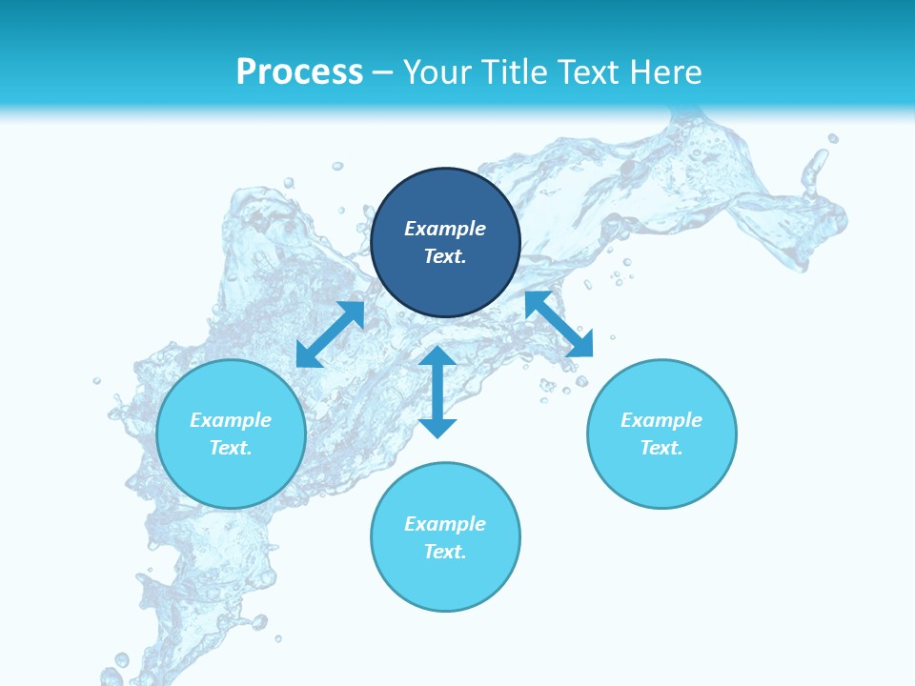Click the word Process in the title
[x=299, y=72]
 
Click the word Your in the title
[x=438, y=72]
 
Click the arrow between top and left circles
[x=331, y=334]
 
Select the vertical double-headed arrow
[x=437, y=392]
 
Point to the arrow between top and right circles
[x=559, y=324]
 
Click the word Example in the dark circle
[x=445, y=229]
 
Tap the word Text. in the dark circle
[x=445, y=256]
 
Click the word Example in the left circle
[x=231, y=420]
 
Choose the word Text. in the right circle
[x=661, y=448]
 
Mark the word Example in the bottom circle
[x=445, y=524]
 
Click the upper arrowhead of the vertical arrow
[x=437, y=357]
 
